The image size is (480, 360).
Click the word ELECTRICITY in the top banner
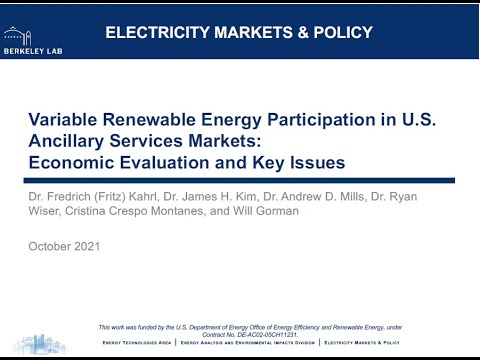(x=163, y=32)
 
